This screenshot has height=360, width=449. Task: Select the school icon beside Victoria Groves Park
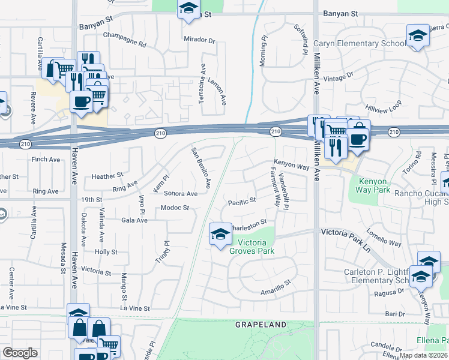(220, 234)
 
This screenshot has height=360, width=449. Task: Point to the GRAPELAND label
(261, 325)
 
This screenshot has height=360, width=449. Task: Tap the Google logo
(20, 353)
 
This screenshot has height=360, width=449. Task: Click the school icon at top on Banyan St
(189, 10)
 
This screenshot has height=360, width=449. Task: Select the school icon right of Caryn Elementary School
(417, 35)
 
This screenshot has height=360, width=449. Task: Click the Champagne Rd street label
(125, 44)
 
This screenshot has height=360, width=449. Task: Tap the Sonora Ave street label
(181, 194)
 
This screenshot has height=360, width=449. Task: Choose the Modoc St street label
(175, 208)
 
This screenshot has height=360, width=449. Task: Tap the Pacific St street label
(242, 201)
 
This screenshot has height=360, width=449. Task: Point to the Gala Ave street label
(134, 220)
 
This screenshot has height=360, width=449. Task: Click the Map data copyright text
(424, 355)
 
